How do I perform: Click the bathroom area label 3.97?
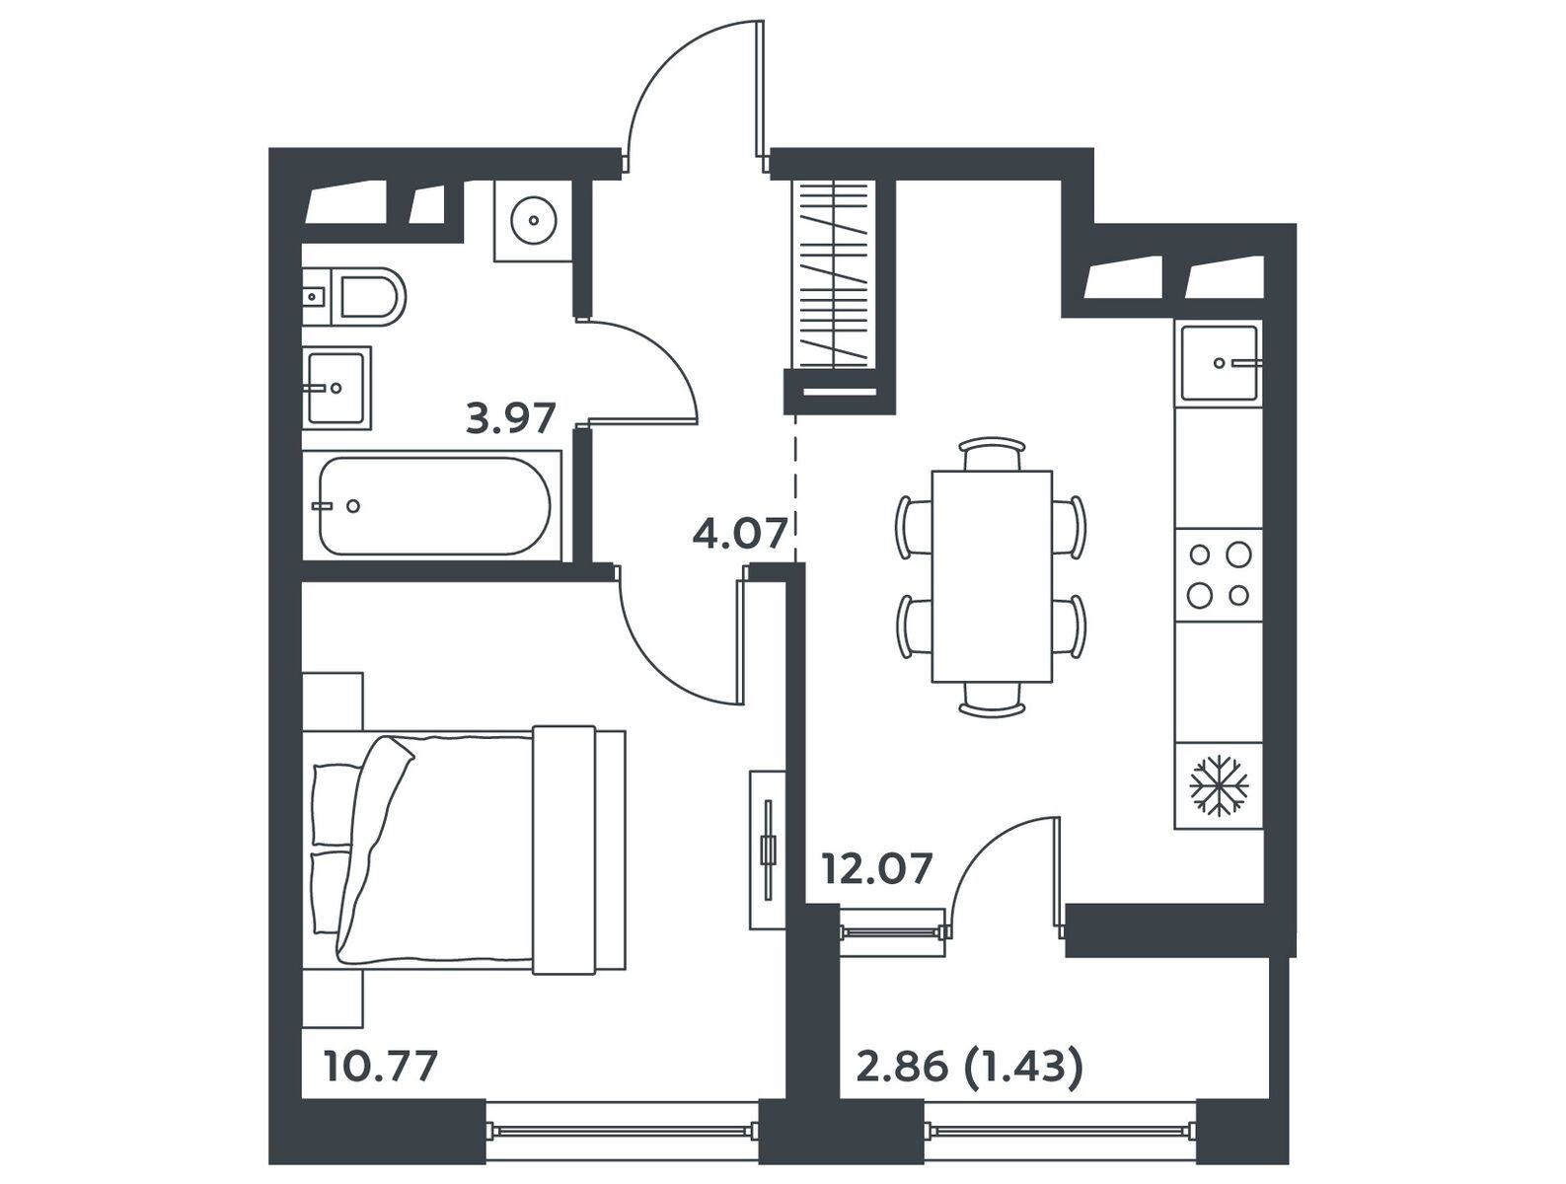click(x=510, y=418)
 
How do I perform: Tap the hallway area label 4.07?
click(x=740, y=533)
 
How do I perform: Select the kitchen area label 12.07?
click(x=877, y=868)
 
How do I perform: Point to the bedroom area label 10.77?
click(x=380, y=1067)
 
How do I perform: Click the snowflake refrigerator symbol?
click(x=1219, y=784)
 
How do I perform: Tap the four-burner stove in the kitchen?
click(x=1219, y=574)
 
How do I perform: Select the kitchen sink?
click(x=1220, y=362)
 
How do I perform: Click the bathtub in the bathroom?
click(x=434, y=506)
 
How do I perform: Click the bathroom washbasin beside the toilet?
click(x=336, y=388)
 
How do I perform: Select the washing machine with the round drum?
click(x=534, y=220)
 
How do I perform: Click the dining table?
click(x=992, y=576)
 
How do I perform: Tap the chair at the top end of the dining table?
click(x=992, y=454)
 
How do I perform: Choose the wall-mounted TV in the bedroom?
click(x=768, y=850)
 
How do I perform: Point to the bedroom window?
click(x=622, y=1130)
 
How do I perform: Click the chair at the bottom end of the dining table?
click(x=992, y=700)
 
